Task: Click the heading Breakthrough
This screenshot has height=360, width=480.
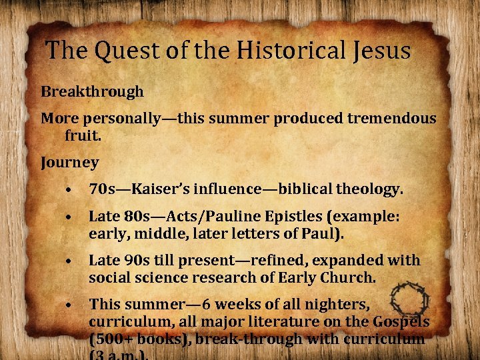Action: pyautogui.click(x=92, y=91)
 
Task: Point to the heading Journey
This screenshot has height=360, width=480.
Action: pyautogui.click(x=69, y=162)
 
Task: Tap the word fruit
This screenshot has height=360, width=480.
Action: pyautogui.click(x=83, y=137)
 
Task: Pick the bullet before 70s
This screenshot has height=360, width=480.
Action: pyautogui.click(x=69, y=191)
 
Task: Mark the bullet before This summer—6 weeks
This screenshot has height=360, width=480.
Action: pyautogui.click(x=69, y=305)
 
